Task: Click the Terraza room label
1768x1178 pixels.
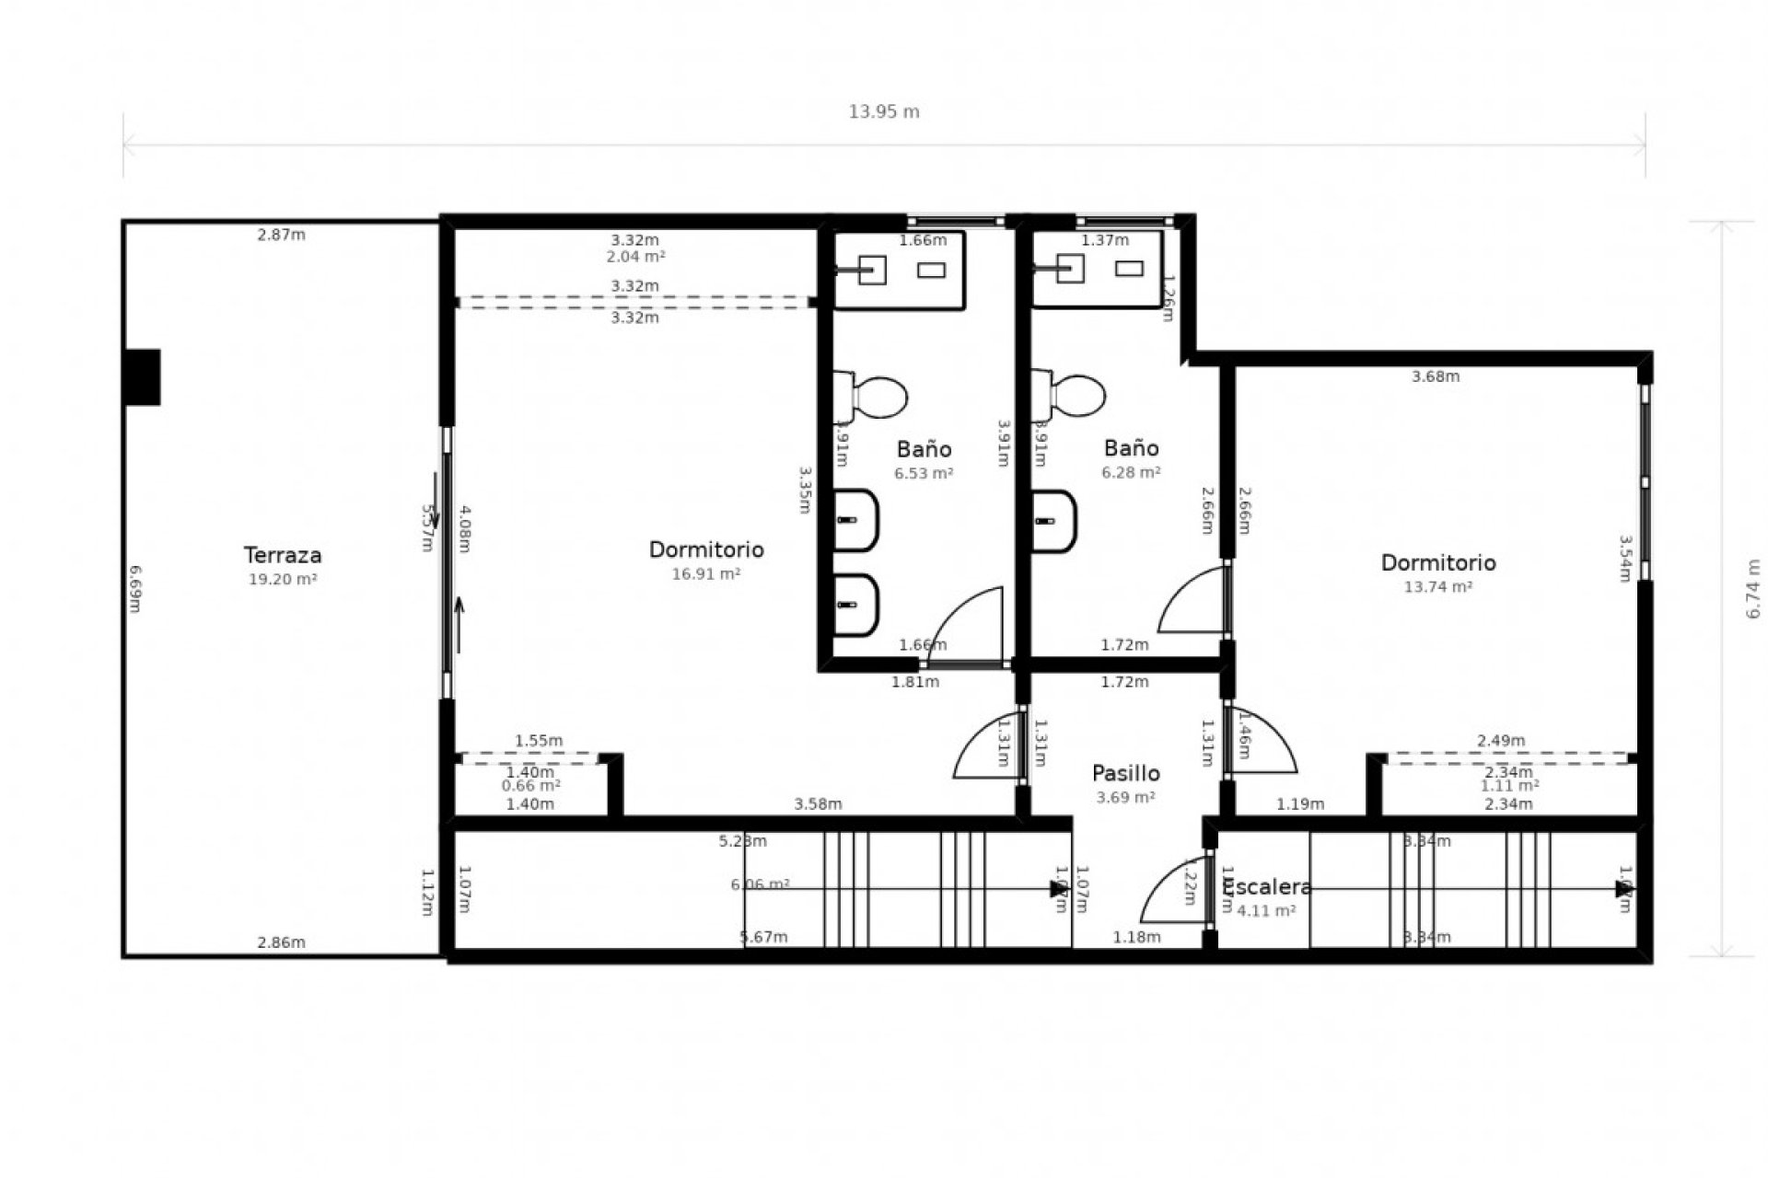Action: (283, 555)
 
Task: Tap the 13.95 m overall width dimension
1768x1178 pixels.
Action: (884, 112)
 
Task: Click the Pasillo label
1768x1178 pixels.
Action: (1125, 773)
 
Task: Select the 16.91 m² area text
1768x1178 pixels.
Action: (706, 573)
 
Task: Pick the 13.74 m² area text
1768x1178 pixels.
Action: (1437, 586)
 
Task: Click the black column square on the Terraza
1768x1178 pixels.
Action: (143, 377)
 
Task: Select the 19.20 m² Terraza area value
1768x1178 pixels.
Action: (283, 579)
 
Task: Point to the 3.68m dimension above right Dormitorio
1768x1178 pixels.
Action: (1436, 376)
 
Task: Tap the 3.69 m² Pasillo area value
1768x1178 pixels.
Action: (1125, 797)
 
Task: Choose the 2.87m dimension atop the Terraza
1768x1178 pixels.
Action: (281, 235)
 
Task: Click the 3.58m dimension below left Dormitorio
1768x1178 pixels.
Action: (818, 804)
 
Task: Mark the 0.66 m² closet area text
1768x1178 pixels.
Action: (531, 786)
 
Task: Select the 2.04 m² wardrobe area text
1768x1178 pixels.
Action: (635, 257)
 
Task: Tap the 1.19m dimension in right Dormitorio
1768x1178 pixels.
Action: (1300, 804)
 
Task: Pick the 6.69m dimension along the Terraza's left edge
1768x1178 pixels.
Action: (134, 589)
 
